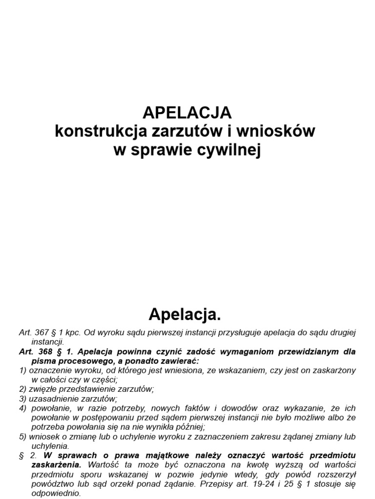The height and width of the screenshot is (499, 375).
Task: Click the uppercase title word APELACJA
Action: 187,113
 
